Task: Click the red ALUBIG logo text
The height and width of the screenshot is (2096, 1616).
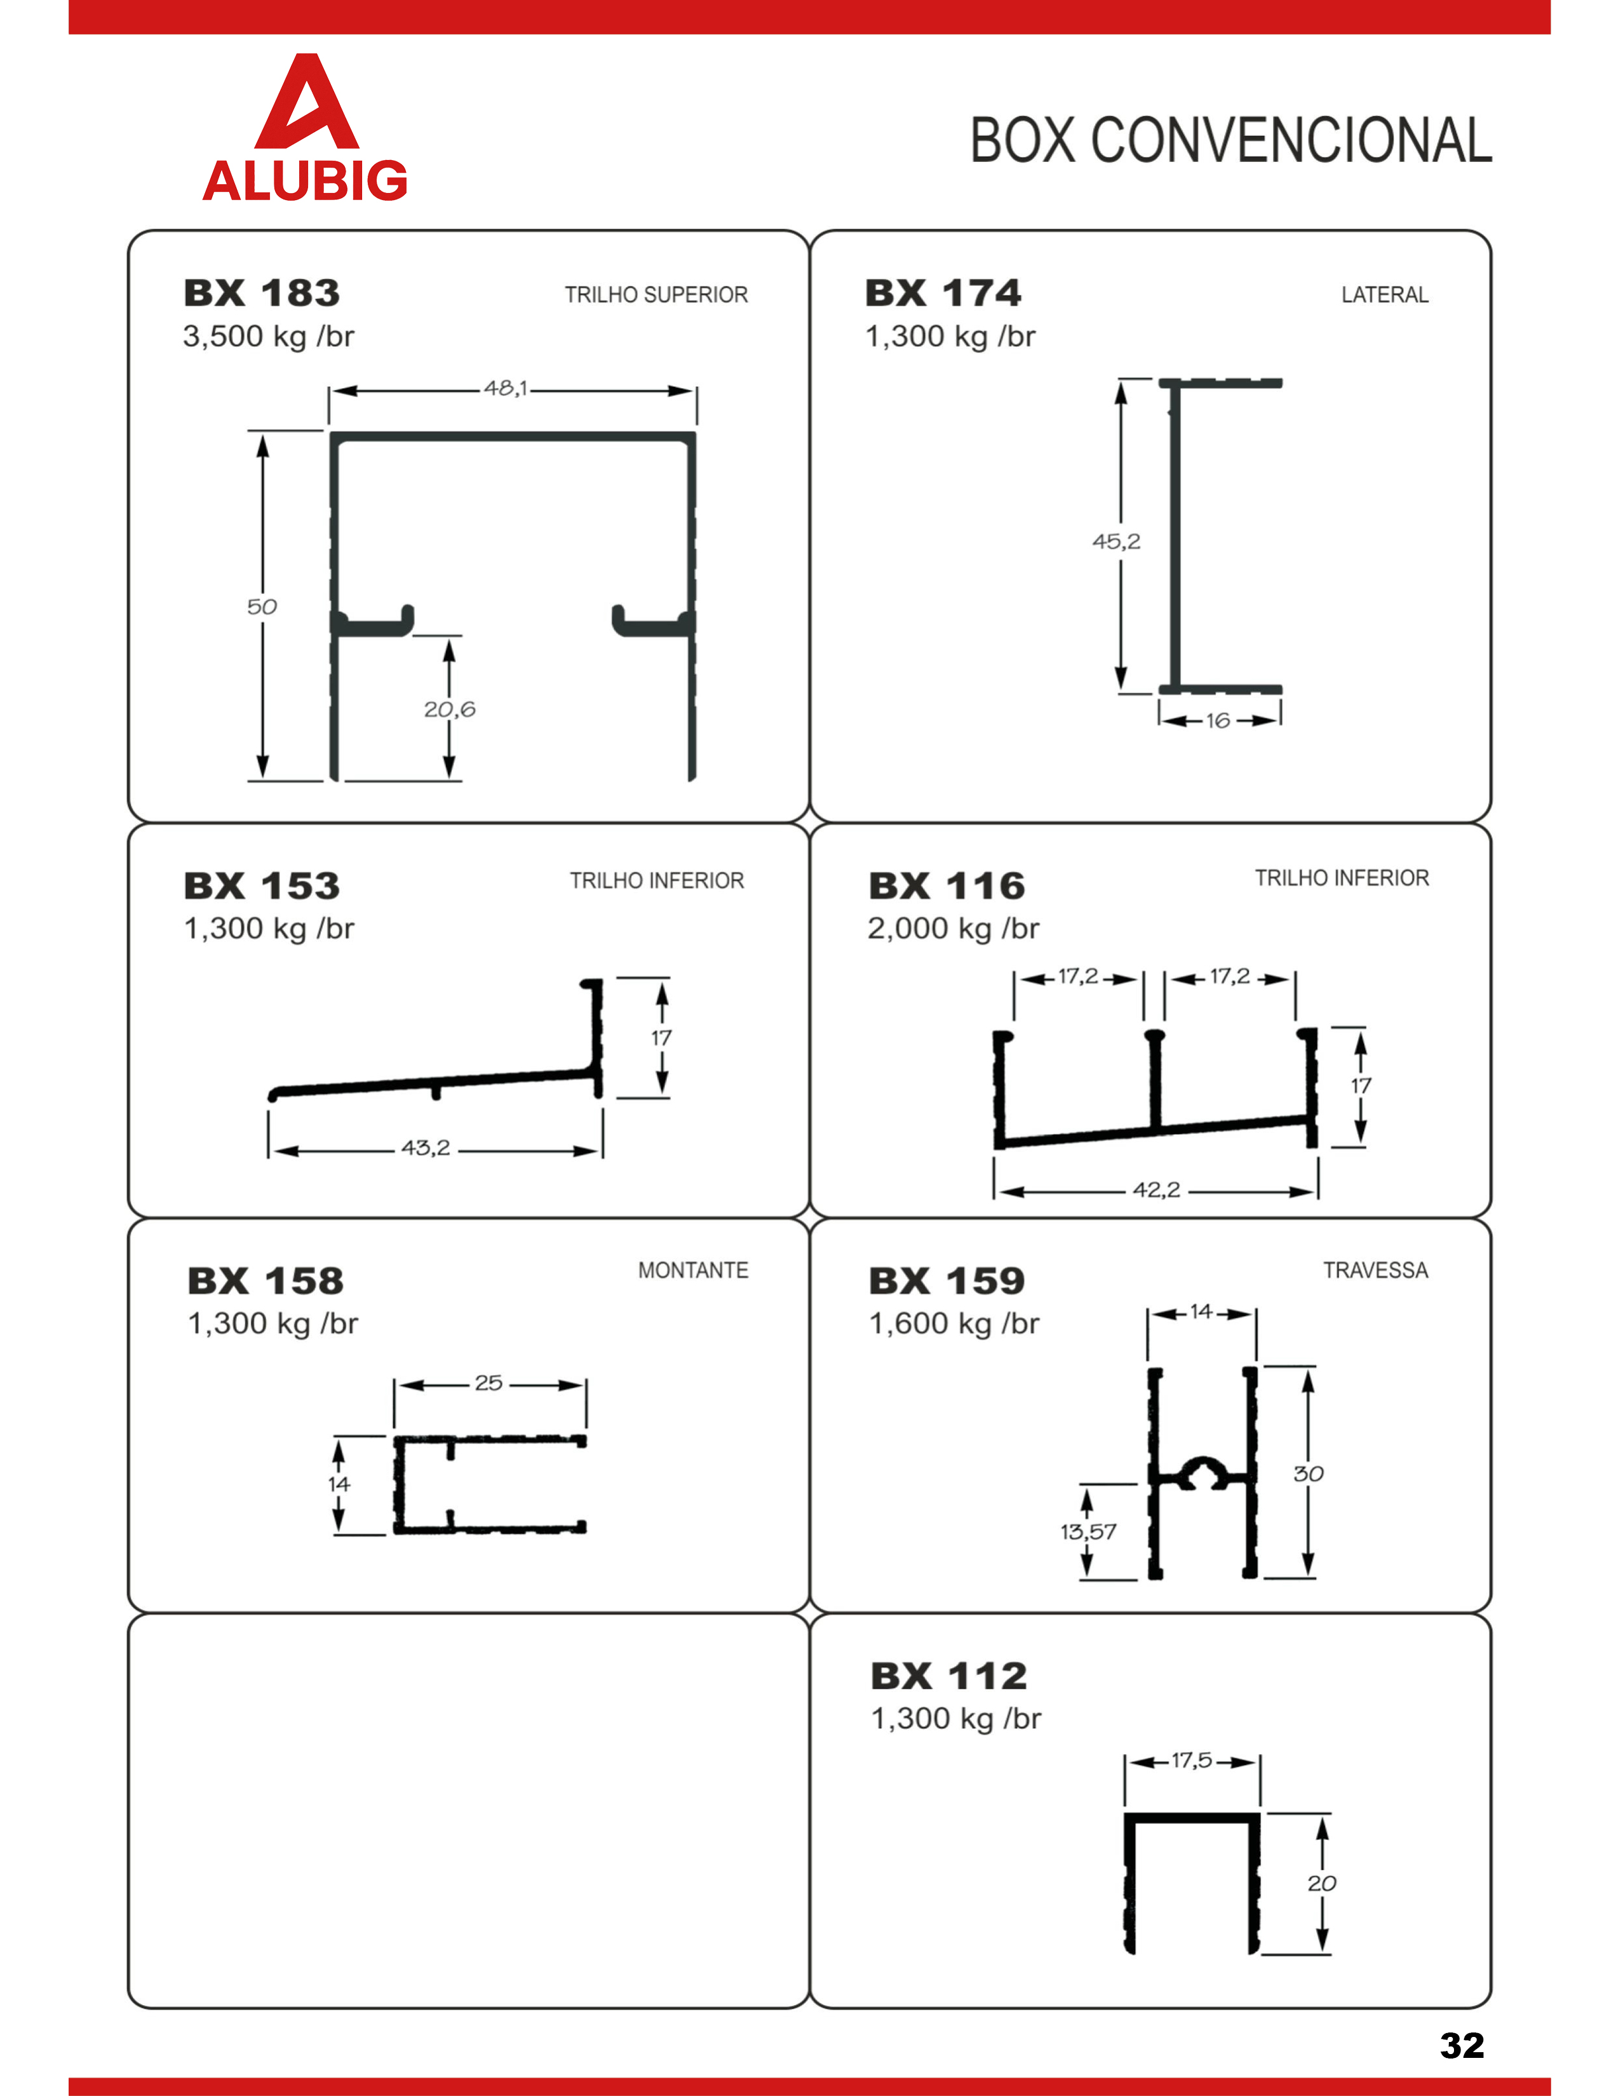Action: coord(305,180)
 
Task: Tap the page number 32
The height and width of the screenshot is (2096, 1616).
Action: coord(1462,2045)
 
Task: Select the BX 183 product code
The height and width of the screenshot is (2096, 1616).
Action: coord(262,293)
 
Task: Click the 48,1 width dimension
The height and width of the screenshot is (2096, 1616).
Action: coord(505,389)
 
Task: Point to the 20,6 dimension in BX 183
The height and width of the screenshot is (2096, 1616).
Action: coord(449,709)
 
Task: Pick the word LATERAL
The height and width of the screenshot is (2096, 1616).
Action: coord(1385,295)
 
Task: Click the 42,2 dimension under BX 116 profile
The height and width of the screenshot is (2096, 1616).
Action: coord(1156,1190)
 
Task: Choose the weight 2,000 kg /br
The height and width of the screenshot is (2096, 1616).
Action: coord(953,929)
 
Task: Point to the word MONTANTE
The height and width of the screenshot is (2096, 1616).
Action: coord(693,1271)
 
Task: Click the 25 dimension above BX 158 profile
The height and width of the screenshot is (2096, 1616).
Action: coord(488,1383)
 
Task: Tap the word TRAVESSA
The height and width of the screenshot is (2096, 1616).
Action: coord(1375,1271)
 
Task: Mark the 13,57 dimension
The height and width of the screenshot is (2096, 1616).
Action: coord(1088,1532)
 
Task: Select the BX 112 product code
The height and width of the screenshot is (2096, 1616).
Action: coord(949,1677)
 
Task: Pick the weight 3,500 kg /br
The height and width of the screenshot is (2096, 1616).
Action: coord(269,337)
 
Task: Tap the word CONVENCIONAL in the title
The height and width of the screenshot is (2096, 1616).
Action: coord(1291,140)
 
